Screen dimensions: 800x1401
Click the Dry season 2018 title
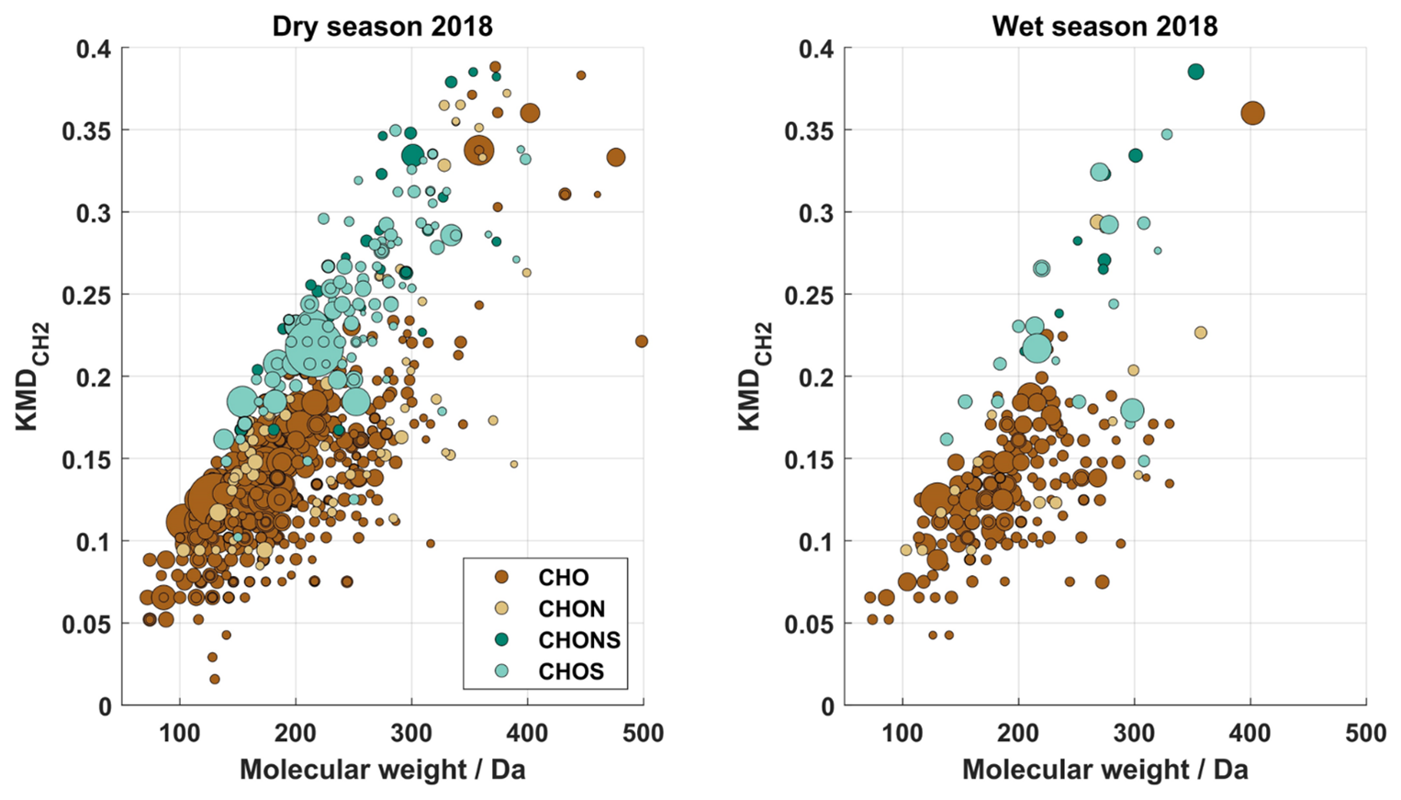tap(382, 26)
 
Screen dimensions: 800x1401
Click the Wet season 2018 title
tap(1104, 26)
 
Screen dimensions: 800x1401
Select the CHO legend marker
tap(501, 578)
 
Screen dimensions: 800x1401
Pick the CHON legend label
tap(571, 609)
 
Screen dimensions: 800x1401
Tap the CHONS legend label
tap(578, 640)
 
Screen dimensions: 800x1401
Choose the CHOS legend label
tap(571, 671)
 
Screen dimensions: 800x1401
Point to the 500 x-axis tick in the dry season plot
tap(644, 733)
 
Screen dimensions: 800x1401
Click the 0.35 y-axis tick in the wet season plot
tap(810, 131)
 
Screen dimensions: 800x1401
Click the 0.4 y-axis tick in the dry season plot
tap(94, 49)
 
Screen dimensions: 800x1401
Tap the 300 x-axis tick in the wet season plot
tap(1134, 733)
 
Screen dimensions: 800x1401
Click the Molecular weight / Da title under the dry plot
tap(382, 770)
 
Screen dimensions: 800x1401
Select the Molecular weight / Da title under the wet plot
tap(1104, 770)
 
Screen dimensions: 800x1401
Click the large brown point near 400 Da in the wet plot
tap(1252, 114)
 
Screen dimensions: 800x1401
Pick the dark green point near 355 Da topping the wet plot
tap(1195, 72)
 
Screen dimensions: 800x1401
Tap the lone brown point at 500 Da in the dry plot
tap(642, 342)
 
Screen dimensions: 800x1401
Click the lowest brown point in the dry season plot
tap(215, 679)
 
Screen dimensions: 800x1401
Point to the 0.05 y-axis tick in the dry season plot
tap(87, 625)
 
